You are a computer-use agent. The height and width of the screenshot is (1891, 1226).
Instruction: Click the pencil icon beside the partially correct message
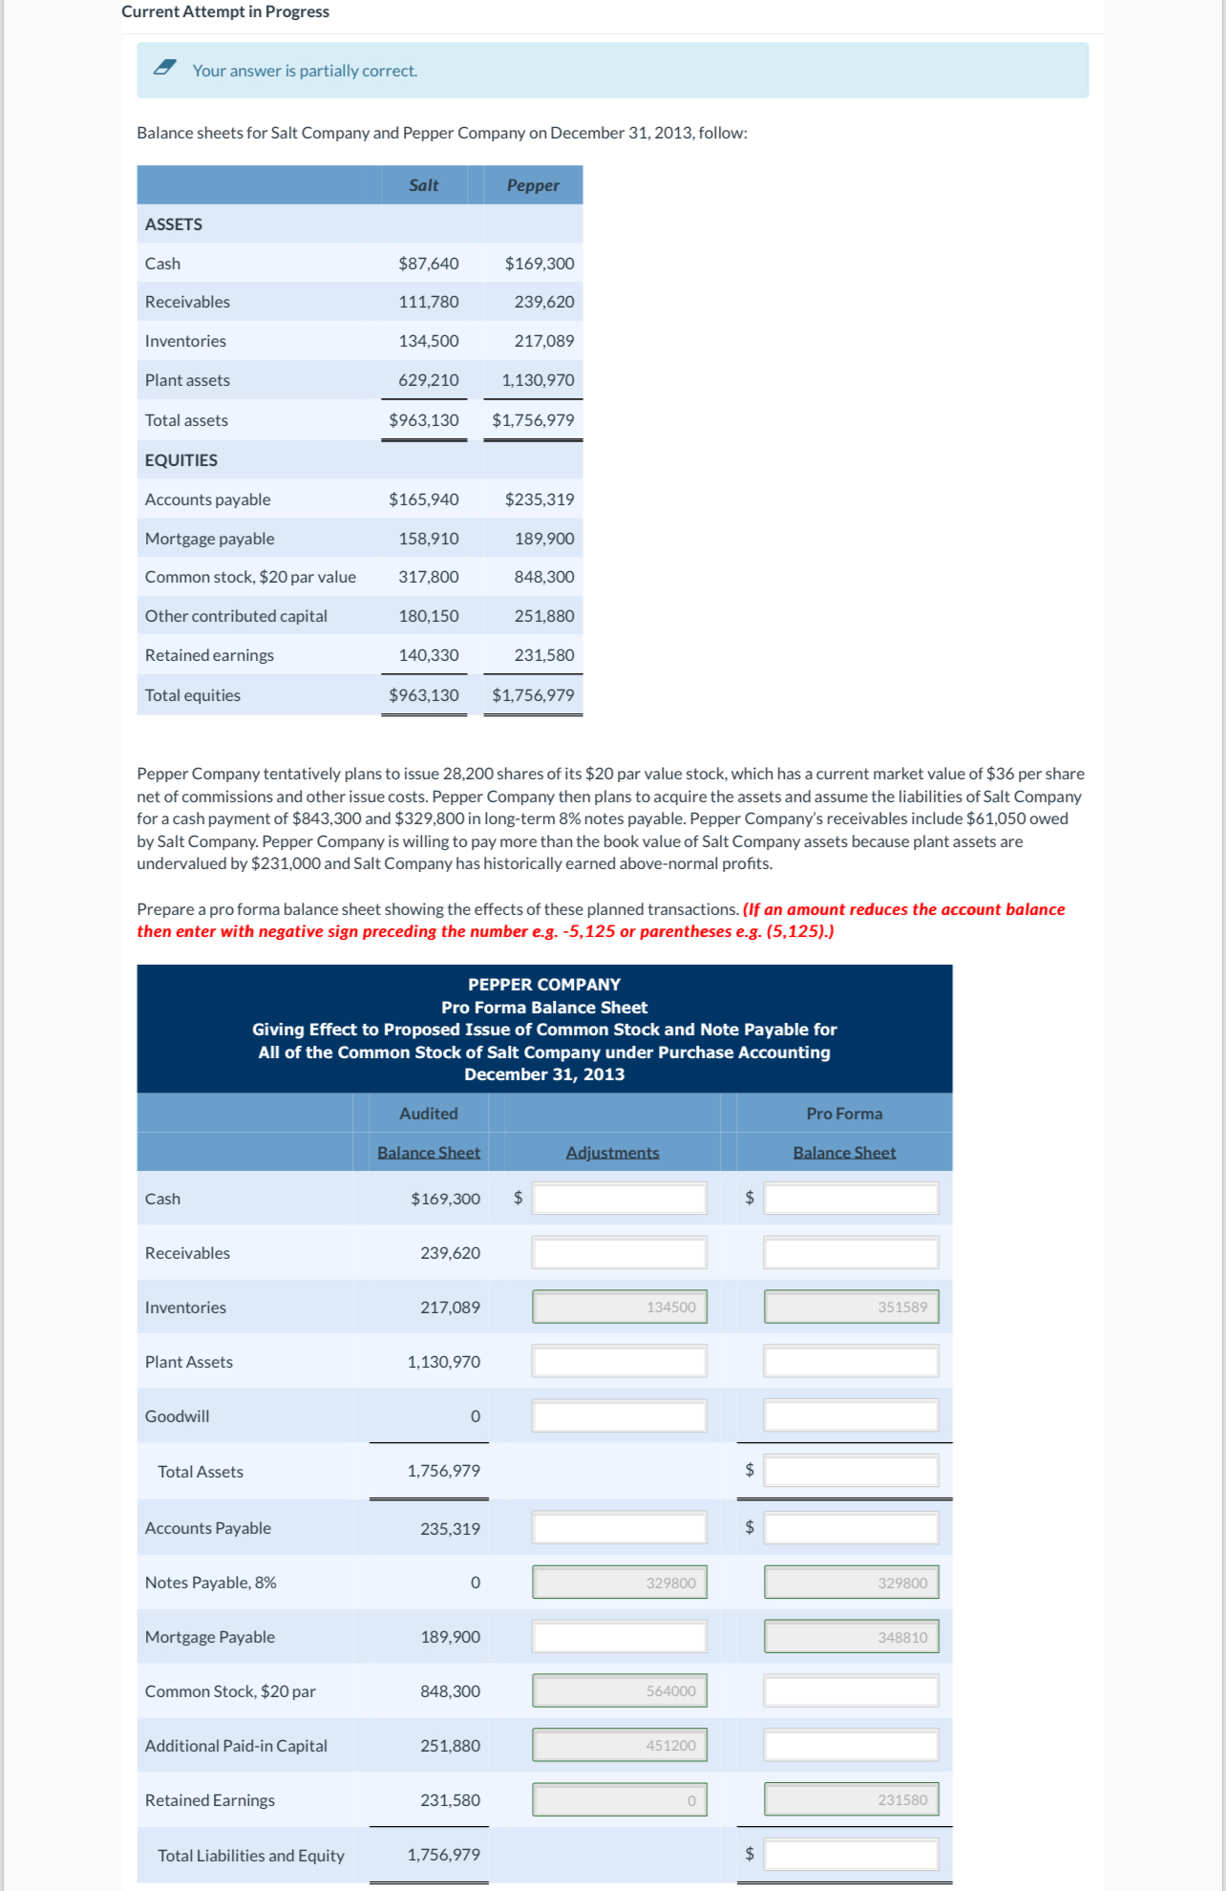165,67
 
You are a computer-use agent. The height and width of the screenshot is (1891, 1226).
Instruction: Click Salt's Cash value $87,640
428,264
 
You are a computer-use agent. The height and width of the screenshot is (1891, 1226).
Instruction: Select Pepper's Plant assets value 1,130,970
538,380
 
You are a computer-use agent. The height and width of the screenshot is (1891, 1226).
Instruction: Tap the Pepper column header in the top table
533,185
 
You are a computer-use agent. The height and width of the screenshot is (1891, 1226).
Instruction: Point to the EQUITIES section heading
181,460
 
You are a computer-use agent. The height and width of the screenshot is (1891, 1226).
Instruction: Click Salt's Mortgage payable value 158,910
428,539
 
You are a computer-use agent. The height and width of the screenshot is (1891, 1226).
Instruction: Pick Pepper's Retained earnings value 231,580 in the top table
543,655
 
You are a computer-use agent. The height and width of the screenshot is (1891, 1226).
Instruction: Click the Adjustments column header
612,1153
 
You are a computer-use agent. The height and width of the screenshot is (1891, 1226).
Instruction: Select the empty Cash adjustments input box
619,1198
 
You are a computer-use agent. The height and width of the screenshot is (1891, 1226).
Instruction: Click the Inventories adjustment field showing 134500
619,1307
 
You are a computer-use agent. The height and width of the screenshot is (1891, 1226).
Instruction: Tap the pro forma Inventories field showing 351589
851,1307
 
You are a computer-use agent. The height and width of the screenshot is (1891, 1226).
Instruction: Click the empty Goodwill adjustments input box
619,1415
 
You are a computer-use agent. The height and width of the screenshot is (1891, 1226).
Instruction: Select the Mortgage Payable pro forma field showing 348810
851,1637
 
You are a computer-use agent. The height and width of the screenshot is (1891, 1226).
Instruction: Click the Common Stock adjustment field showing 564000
619,1690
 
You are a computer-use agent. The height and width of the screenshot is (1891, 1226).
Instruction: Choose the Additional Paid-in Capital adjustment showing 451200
619,1745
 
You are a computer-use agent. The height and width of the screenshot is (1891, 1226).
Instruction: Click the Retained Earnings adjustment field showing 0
619,1800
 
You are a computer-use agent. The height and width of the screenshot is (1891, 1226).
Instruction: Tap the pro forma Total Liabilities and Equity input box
851,1855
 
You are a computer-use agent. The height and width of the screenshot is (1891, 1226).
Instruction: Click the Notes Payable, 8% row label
210,1583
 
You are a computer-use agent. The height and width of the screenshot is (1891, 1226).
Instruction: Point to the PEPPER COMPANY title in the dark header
544,985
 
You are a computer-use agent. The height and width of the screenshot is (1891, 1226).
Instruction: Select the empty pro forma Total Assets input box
851,1471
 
